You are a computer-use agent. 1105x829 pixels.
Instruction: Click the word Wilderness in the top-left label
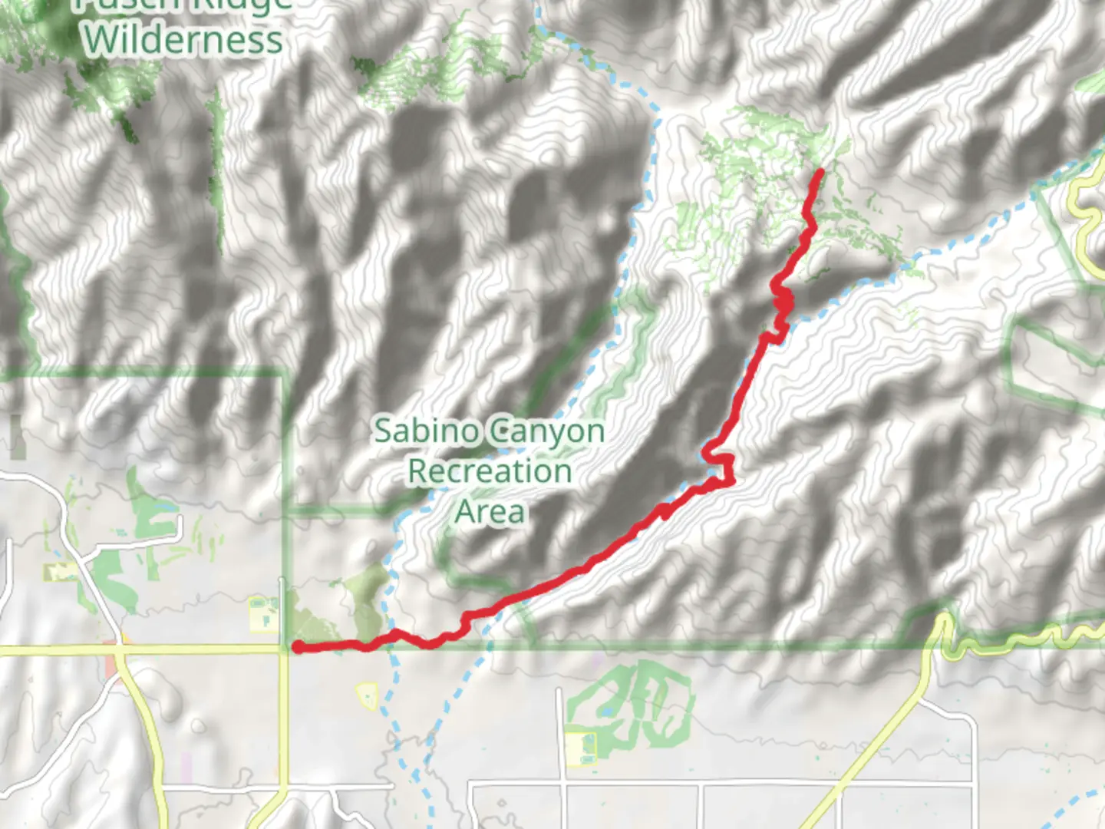(x=183, y=40)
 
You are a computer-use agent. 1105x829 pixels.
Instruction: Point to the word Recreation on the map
(x=490, y=471)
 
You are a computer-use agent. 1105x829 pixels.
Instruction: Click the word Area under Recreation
(x=490, y=511)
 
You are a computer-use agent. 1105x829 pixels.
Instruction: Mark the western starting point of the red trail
(x=296, y=648)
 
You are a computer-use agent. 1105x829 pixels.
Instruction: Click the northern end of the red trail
(x=820, y=171)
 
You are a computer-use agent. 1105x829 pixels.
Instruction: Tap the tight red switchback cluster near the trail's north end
(x=782, y=300)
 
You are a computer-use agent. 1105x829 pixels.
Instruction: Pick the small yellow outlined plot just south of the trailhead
(x=368, y=696)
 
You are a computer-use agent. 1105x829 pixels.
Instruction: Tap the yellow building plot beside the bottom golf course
(x=581, y=748)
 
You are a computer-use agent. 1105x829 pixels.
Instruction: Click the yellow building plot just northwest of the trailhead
(x=263, y=615)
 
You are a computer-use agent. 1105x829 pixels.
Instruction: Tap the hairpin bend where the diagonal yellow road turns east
(x=942, y=622)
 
